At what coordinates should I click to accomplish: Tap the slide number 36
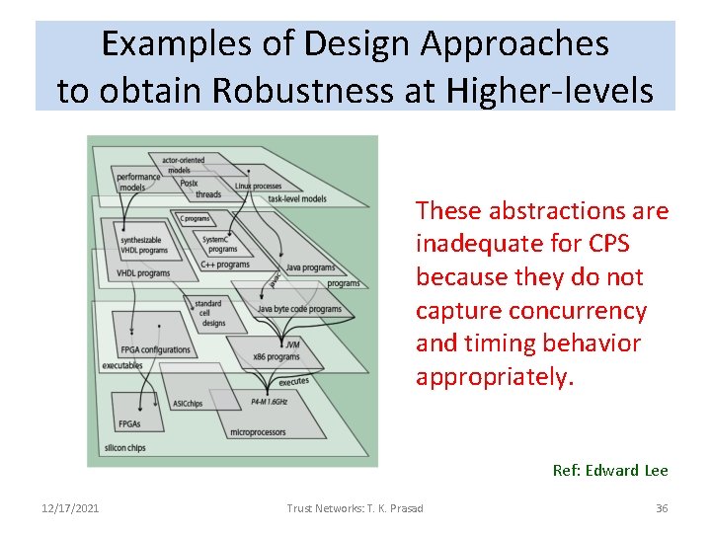point(662,508)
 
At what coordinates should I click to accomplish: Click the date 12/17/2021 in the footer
point(70,508)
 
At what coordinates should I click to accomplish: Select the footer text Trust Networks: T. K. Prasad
point(355,508)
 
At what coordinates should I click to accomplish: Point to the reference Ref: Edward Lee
point(610,471)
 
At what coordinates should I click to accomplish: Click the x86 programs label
point(276,356)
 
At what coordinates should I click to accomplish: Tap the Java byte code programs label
point(299,309)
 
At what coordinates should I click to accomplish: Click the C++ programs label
point(225,264)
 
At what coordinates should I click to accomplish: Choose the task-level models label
point(297,198)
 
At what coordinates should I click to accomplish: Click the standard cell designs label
point(209,313)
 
